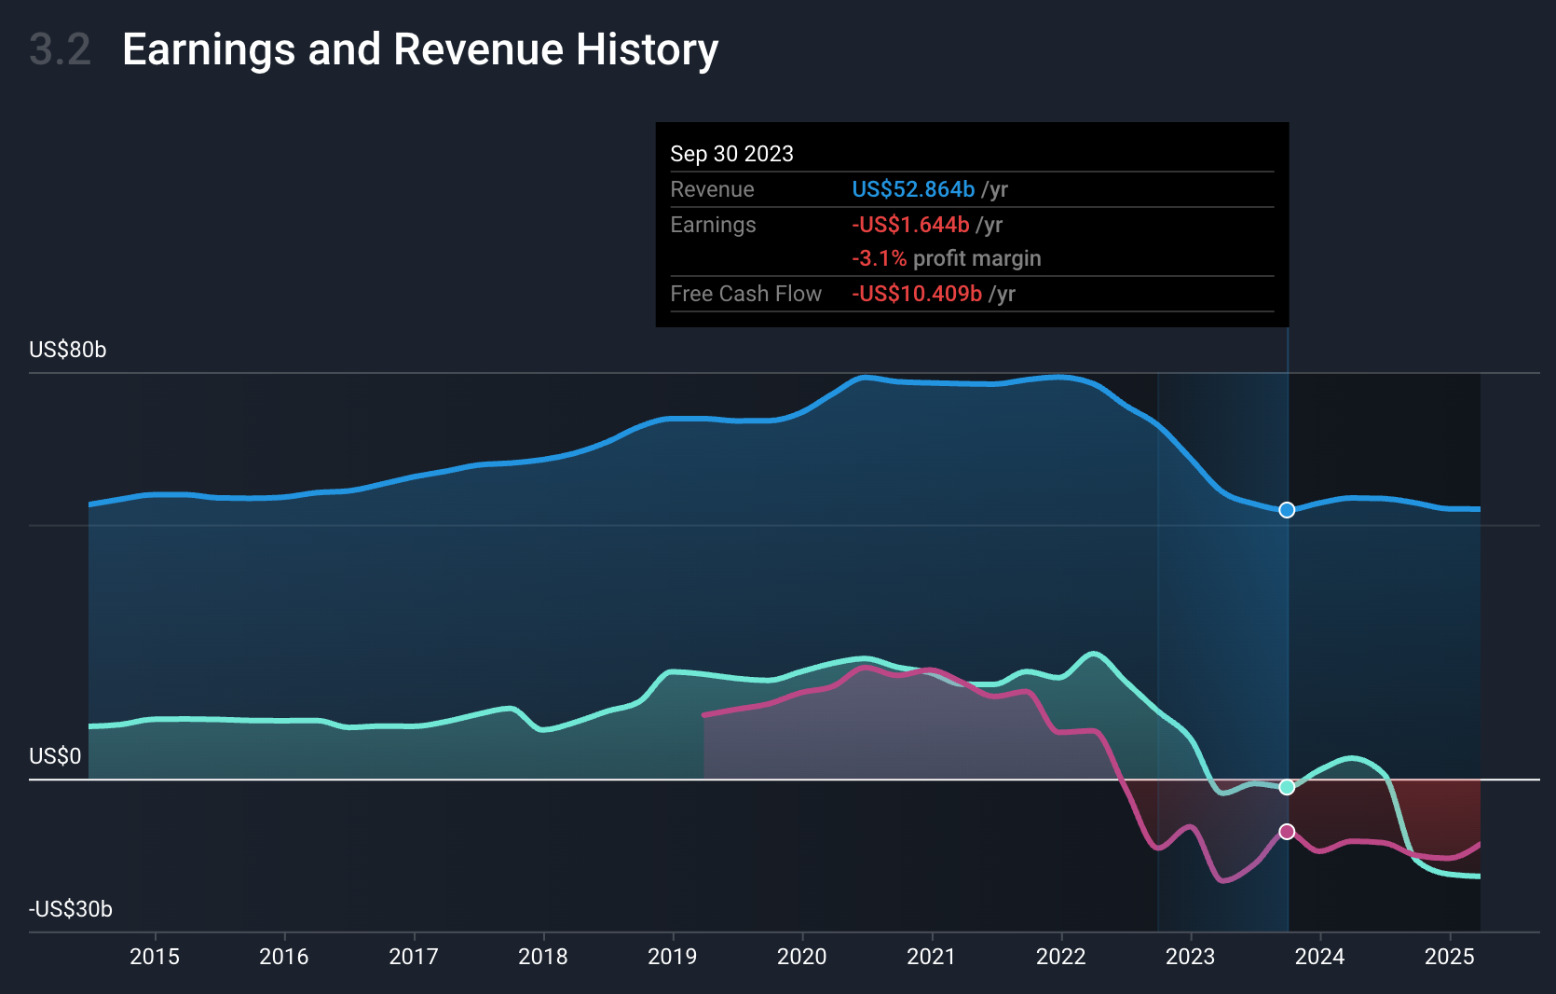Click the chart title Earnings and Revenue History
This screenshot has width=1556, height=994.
(420, 49)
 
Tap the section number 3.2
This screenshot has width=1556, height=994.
(60, 49)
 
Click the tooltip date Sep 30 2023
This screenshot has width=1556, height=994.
(731, 154)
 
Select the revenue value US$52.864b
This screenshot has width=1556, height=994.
(913, 189)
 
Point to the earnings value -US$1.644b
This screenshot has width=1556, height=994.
(910, 225)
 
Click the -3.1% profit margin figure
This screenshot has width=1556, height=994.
(879, 258)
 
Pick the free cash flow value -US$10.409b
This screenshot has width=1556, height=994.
(917, 294)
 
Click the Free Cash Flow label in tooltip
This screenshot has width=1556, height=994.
(745, 294)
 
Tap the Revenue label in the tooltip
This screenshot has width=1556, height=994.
(712, 189)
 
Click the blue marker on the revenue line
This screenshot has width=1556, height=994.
(1287, 510)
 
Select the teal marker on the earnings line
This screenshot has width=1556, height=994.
(1287, 787)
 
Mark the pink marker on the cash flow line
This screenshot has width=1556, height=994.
(1287, 832)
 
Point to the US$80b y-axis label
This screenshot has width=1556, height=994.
(68, 350)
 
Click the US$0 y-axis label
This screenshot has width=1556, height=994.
(55, 756)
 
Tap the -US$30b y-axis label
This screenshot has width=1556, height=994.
(71, 909)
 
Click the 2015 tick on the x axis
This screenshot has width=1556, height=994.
(155, 957)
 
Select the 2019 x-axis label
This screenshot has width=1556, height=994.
(673, 957)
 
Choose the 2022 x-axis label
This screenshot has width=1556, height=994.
(1061, 957)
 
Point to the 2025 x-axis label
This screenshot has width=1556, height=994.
(1450, 957)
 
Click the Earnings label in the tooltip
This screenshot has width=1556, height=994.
(713, 225)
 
